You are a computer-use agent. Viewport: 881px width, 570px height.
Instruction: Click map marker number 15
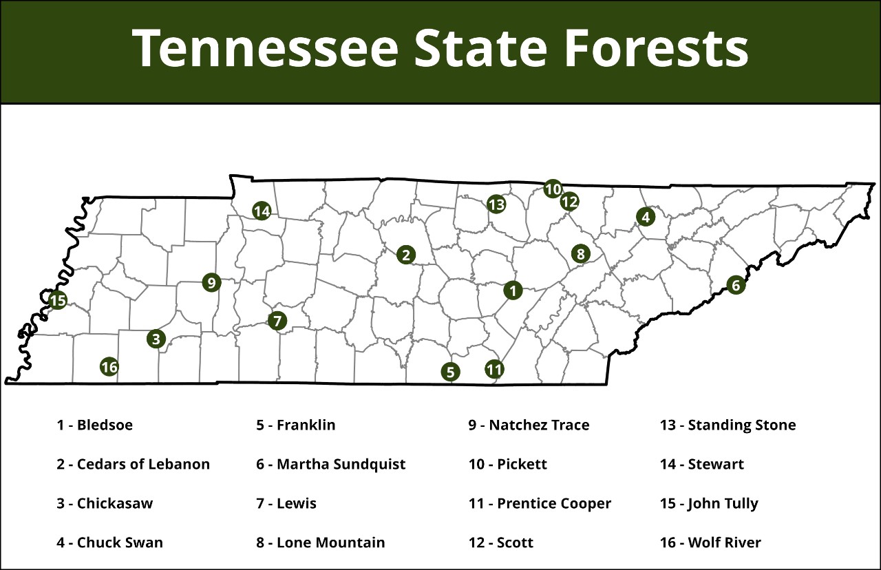58,301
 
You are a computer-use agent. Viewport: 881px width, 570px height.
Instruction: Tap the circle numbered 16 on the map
109,367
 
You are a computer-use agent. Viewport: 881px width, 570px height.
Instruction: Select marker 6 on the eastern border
736,285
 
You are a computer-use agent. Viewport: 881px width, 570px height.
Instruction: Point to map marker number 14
262,211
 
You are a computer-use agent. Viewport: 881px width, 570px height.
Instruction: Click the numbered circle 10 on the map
553,189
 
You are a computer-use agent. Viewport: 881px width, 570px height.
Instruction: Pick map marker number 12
569,202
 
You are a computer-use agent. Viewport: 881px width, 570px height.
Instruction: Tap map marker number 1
513,291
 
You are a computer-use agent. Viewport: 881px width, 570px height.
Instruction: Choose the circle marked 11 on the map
494,370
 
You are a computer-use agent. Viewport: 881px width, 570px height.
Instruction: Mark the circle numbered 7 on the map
277,321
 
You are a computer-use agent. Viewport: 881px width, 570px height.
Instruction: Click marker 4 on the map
645,217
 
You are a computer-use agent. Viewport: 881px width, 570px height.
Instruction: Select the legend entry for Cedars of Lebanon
133,464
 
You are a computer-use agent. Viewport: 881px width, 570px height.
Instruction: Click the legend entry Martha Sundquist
330,464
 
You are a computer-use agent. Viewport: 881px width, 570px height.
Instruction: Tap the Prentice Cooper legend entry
540,503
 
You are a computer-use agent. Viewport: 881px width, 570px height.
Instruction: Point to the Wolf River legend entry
710,542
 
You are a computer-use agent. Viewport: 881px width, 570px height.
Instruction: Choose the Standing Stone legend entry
728,425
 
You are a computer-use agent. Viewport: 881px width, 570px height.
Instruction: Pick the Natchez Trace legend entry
529,425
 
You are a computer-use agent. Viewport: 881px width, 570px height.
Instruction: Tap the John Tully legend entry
709,503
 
